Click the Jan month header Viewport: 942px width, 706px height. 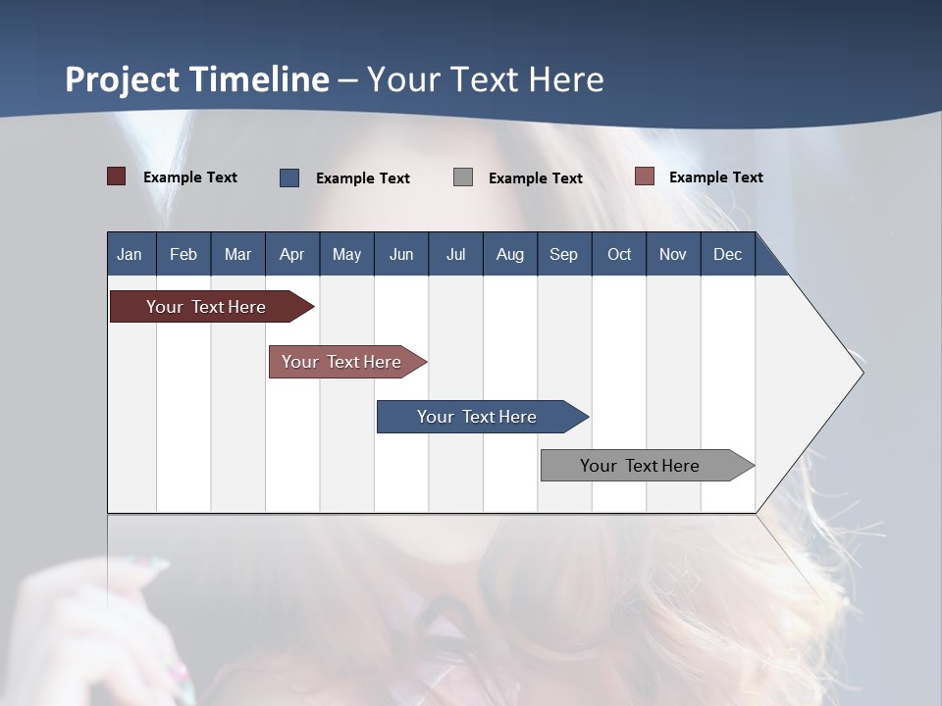[x=130, y=254]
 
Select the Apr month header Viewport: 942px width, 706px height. [x=291, y=254]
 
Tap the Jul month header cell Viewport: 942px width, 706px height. [x=455, y=254]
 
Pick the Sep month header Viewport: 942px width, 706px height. [x=563, y=254]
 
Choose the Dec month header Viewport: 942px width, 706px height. [x=727, y=254]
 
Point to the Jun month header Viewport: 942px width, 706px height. [x=400, y=254]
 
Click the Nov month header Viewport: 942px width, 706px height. [x=672, y=254]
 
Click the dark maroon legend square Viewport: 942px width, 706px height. [x=116, y=176]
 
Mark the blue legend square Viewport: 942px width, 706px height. [x=288, y=177]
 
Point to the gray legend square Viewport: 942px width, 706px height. [x=462, y=176]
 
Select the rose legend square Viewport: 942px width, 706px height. [x=644, y=176]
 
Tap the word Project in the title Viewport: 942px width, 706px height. [x=123, y=79]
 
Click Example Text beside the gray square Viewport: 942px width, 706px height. [x=535, y=178]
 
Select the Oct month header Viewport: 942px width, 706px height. [x=618, y=254]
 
